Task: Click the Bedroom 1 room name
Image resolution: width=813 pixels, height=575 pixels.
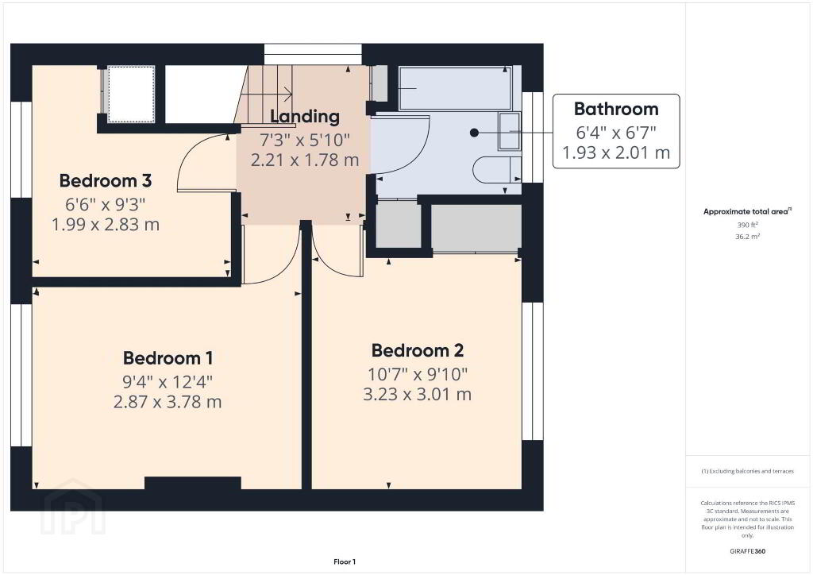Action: click(x=168, y=358)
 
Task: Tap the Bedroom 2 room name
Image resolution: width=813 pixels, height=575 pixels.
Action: click(x=418, y=350)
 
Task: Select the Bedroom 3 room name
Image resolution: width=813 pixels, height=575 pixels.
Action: click(x=106, y=180)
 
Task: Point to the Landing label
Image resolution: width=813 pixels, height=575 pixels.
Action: click(x=305, y=117)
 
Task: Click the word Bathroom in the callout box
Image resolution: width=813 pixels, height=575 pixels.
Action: click(x=616, y=109)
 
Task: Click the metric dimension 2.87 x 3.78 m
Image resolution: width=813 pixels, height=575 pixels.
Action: click(x=168, y=402)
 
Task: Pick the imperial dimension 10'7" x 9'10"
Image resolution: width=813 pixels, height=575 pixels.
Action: click(x=418, y=374)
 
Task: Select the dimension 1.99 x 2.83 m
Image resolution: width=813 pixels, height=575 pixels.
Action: click(x=106, y=225)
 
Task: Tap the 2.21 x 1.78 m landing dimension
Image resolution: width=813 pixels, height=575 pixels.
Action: click(x=305, y=160)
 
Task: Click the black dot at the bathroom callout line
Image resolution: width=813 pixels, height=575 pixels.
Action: click(x=474, y=133)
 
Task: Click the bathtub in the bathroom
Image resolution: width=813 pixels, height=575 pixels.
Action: click(x=455, y=88)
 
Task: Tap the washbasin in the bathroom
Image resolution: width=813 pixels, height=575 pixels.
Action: click(x=509, y=131)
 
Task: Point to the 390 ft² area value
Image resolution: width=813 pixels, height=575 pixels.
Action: click(x=747, y=225)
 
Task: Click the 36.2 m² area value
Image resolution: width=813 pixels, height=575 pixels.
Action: click(x=747, y=237)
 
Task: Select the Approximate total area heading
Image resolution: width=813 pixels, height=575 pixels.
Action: click(x=747, y=211)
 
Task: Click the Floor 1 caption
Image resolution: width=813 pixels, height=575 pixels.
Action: click(x=345, y=561)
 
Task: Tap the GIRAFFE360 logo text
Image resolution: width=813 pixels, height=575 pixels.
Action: click(x=747, y=551)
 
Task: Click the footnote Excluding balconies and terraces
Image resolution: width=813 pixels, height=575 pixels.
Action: click(x=747, y=471)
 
